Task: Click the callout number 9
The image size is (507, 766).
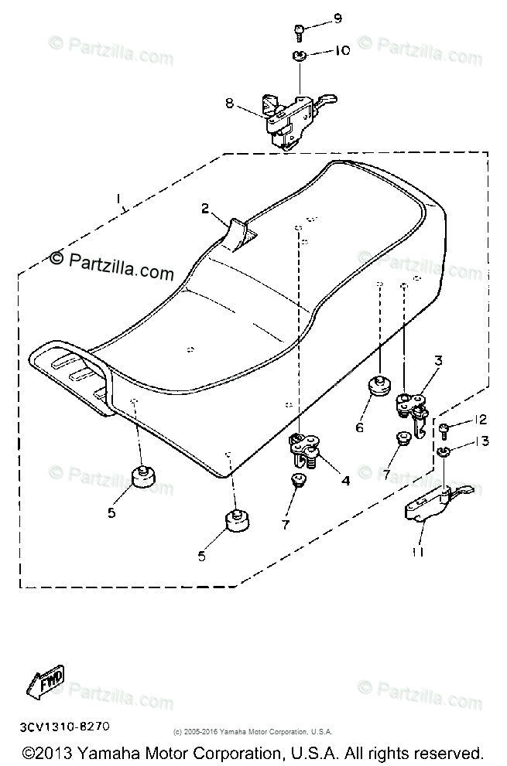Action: click(x=337, y=18)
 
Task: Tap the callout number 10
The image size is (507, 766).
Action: click(x=341, y=50)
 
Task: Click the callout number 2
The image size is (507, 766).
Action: click(x=205, y=208)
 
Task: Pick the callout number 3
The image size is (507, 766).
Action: click(x=438, y=360)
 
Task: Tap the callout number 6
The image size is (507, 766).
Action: click(x=359, y=426)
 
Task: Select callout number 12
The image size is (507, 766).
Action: click(x=481, y=420)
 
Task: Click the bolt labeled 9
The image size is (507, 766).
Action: click(x=299, y=31)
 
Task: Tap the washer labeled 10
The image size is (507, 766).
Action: click(x=299, y=56)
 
